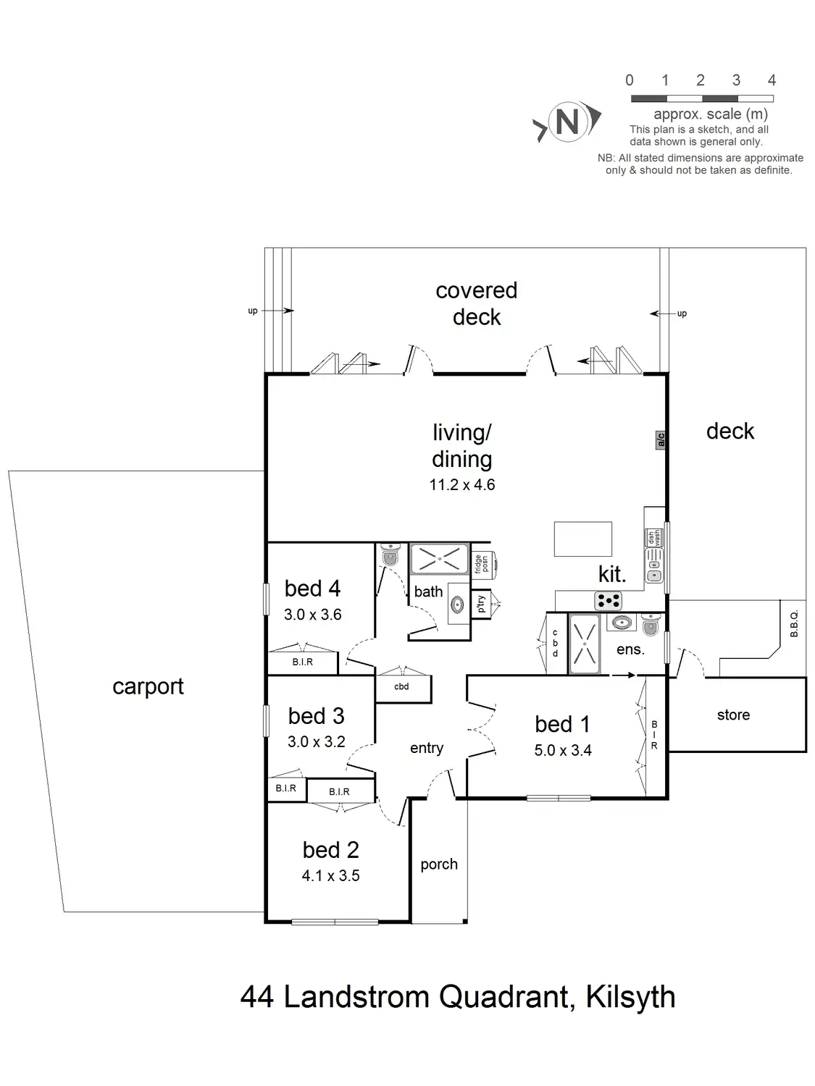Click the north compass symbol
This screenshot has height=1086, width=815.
click(567, 122)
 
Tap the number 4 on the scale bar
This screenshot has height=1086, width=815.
click(772, 80)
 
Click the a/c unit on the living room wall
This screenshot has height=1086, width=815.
click(660, 439)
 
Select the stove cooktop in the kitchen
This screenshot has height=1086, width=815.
click(608, 600)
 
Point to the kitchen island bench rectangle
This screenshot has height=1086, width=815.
click(582, 539)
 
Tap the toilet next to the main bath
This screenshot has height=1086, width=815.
click(390, 555)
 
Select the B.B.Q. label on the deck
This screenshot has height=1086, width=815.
click(794, 623)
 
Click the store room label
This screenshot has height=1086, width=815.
click(733, 715)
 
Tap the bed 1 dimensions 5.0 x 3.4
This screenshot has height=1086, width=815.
click(563, 751)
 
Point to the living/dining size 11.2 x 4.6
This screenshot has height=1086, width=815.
click(462, 485)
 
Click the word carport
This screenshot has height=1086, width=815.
click(148, 686)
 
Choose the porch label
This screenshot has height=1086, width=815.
click(439, 864)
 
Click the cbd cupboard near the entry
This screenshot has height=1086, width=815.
click(402, 687)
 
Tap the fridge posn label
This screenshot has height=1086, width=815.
click(480, 564)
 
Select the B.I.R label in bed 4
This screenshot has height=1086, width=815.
click(303, 662)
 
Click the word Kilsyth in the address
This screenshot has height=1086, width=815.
click(630, 998)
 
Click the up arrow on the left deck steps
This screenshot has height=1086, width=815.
click(277, 311)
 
